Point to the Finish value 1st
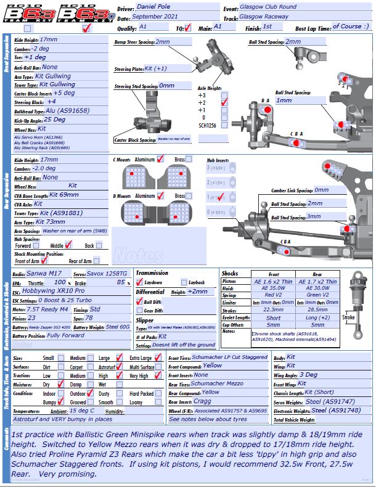click(269, 27)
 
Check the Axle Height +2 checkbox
click(225, 102)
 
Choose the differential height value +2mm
click(197, 292)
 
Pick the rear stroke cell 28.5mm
click(318, 310)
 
